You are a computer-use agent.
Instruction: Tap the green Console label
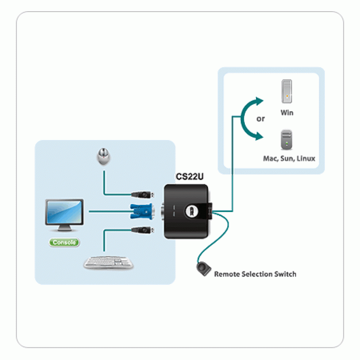[x=64, y=243]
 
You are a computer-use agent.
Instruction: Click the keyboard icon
[x=108, y=262]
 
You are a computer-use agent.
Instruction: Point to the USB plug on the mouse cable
[x=144, y=195]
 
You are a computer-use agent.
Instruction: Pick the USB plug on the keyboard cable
[x=144, y=230]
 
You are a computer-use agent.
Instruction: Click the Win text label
[x=287, y=112]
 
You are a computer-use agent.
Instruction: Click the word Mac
[x=270, y=158]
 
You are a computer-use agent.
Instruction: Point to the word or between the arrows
[x=261, y=119]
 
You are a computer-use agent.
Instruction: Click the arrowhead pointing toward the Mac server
[x=258, y=136]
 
